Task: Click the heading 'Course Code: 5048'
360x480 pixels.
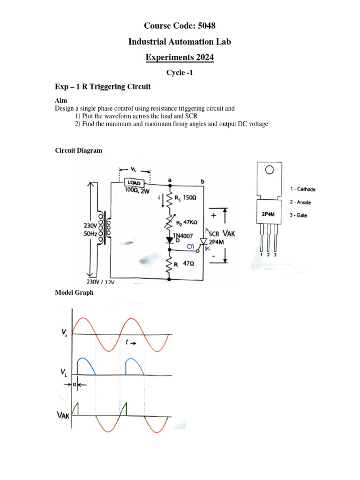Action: coord(180,26)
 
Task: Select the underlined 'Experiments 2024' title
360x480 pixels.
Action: coord(180,58)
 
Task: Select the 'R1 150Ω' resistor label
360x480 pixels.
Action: coord(186,198)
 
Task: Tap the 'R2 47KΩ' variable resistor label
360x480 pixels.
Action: coord(187,222)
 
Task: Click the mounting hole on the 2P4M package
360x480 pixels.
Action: coord(269,170)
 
